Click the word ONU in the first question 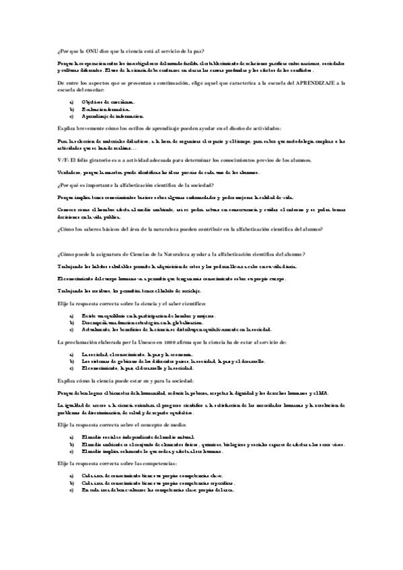[91, 51]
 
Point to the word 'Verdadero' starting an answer [69, 172]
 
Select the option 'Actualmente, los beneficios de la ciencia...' [176, 329]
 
